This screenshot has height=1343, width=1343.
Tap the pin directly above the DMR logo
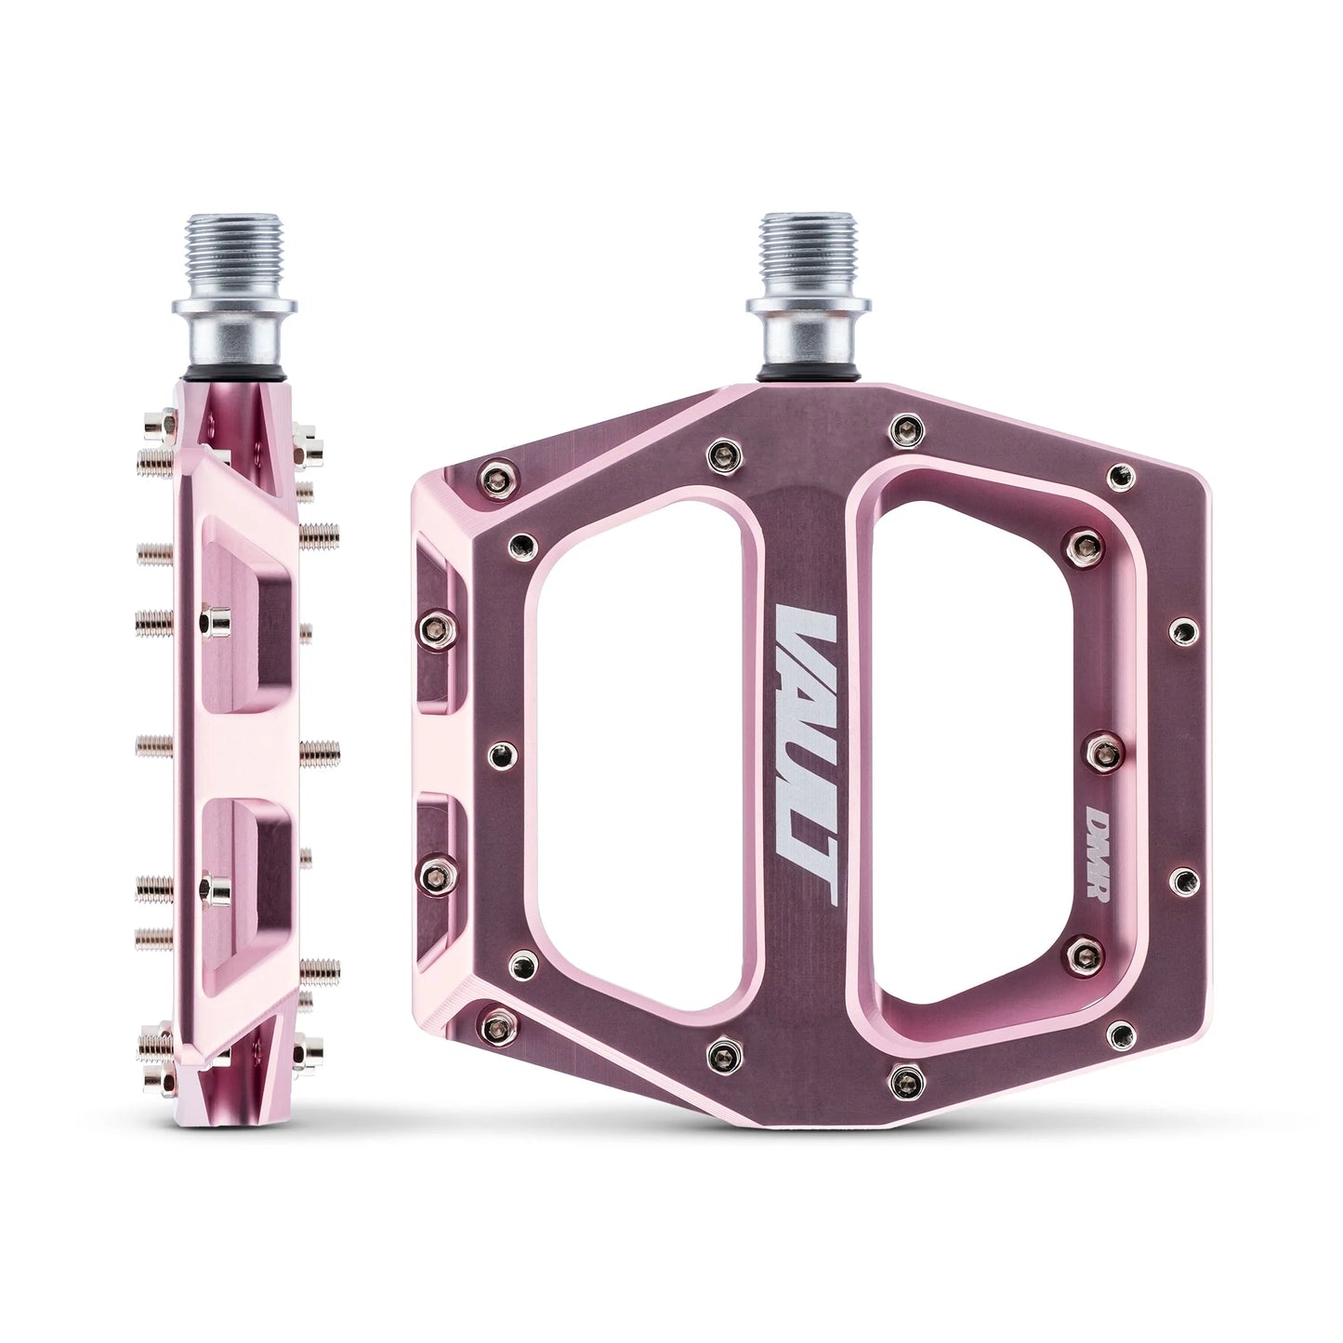1102,744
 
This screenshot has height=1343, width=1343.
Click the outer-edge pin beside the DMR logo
1182,877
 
